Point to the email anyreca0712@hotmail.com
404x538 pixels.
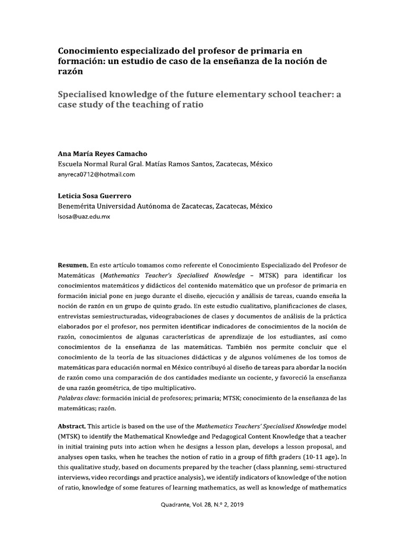tap(96, 174)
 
